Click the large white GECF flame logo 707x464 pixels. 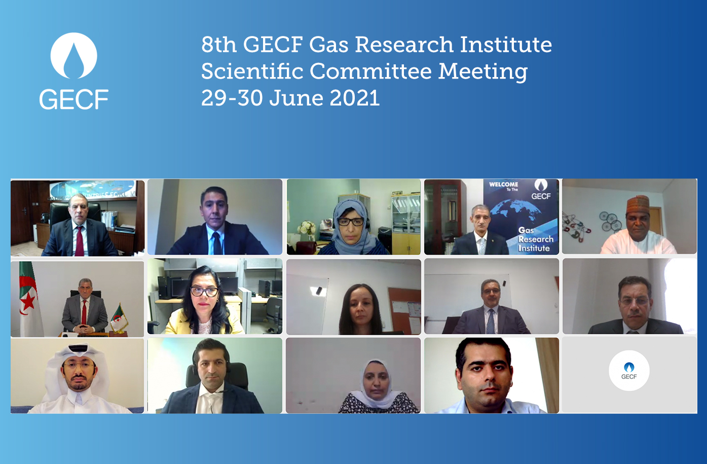point(74,56)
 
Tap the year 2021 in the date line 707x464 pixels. point(354,98)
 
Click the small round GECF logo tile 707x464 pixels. point(629,371)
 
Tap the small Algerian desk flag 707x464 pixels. point(120,316)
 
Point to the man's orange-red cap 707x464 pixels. point(638,203)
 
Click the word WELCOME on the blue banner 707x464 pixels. point(503,184)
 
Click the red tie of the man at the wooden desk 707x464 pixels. point(80,241)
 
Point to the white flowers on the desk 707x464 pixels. point(307,228)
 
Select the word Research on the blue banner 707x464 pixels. point(536,239)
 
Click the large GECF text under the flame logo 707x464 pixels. point(74,99)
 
